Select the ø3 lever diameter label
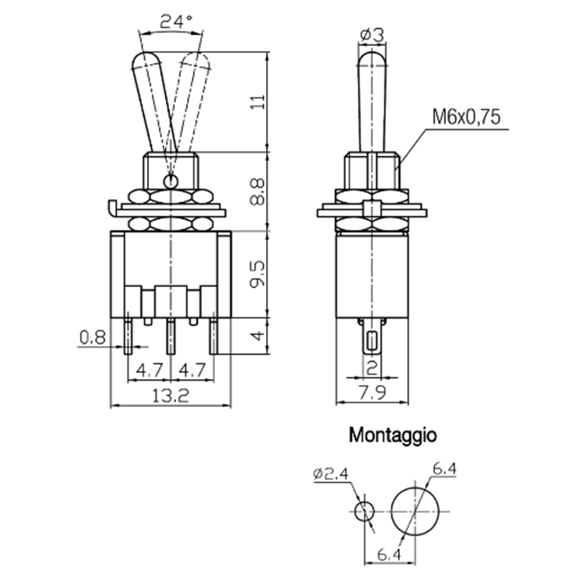pos(372,35)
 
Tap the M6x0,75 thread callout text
pos(466,117)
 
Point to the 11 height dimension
pos(258,102)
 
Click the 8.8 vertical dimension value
pos(257,192)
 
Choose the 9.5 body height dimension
pos(258,274)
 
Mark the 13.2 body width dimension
pos(170,396)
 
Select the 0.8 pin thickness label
pos(93,338)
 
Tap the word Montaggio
pos(393,436)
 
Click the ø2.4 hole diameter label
pos(331,474)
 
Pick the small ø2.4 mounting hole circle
pos(364,511)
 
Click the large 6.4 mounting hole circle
pos(415,511)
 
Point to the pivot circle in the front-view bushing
pos(171,181)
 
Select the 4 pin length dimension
pos(257,336)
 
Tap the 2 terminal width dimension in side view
pos(372,368)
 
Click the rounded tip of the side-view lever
pos(372,59)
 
